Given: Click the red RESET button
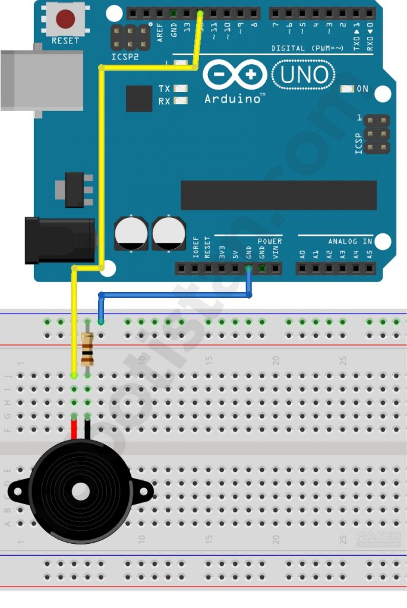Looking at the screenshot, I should tap(65, 20).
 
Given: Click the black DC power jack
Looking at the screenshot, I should tap(59, 240).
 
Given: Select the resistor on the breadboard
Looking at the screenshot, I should tap(87, 349).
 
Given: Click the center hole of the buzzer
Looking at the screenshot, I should tap(81, 491).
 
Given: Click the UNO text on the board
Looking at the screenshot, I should tap(304, 75).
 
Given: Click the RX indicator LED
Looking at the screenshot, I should tap(181, 102).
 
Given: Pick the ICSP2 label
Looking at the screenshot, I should tap(125, 57).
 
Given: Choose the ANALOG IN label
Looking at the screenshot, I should tap(350, 242).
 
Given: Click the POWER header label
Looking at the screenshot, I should tap(270, 242).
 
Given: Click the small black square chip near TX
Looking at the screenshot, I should tap(139, 98).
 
